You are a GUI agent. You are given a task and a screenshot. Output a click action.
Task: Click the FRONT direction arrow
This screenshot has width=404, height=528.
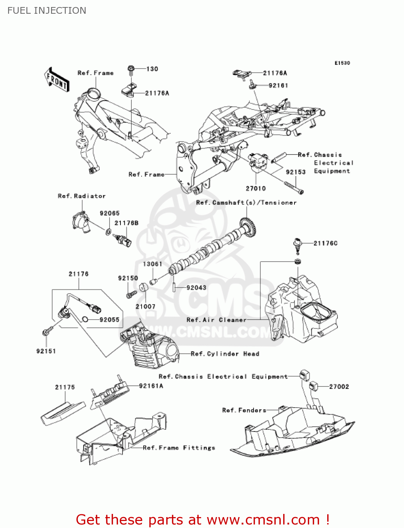click(57, 80)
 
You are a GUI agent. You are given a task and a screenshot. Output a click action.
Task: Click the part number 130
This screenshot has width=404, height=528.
click(152, 69)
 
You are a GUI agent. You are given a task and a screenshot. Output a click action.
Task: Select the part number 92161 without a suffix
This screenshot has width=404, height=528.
click(278, 85)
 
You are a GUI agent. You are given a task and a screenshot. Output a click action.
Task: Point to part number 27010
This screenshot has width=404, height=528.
click(256, 188)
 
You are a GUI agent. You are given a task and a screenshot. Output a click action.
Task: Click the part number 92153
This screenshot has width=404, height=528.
click(296, 172)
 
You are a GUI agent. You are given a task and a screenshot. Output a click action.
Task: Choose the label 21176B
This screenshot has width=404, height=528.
click(126, 223)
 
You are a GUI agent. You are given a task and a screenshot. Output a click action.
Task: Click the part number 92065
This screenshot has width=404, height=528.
click(110, 213)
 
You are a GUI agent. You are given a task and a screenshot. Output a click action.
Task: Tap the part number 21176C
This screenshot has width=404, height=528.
click(325, 243)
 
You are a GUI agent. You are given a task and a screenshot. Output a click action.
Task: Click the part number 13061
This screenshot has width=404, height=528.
click(153, 264)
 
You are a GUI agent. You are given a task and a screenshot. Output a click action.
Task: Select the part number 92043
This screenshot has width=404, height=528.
click(196, 288)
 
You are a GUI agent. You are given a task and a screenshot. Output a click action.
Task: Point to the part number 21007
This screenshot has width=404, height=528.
click(145, 306)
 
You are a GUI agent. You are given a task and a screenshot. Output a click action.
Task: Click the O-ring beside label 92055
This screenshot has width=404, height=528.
click(85, 319)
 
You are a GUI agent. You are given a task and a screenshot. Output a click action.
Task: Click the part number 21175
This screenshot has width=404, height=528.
click(65, 387)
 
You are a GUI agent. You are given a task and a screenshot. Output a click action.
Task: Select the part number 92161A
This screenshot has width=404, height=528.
click(151, 386)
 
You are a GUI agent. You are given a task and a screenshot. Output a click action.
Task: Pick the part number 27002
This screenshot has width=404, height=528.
click(339, 386)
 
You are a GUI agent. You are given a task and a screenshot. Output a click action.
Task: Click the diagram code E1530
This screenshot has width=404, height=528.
click(342, 63)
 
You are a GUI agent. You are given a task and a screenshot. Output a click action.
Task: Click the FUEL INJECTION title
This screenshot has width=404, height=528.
click(46, 11)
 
